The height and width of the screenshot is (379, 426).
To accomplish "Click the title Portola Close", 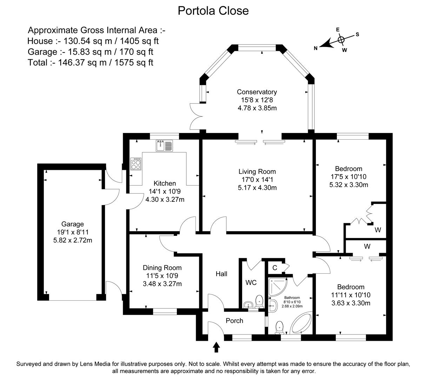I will point(213,11).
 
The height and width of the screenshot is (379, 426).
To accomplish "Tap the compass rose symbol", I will point(340,39).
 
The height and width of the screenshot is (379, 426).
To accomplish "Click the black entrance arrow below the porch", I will point(216,347).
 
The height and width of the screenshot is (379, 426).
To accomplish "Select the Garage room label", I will point(73,224).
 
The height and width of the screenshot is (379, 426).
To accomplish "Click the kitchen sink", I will point(165,145).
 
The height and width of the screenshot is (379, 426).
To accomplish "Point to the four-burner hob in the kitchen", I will point(136,164).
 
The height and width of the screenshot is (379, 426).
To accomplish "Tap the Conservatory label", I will point(257,92).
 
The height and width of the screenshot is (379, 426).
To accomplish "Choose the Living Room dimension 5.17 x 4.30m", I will point(257,187).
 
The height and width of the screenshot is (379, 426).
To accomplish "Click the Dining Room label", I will point(162,267).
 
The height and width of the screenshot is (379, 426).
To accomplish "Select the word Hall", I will point(221,274).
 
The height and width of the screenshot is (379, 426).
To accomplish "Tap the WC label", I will point(251,282).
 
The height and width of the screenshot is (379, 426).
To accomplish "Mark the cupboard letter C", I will point(275,268).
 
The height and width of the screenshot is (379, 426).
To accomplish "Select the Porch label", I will point(234,320).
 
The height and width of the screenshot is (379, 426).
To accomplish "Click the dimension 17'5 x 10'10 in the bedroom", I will point(348,177).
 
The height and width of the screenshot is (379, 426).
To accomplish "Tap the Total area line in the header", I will point(91,62).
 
